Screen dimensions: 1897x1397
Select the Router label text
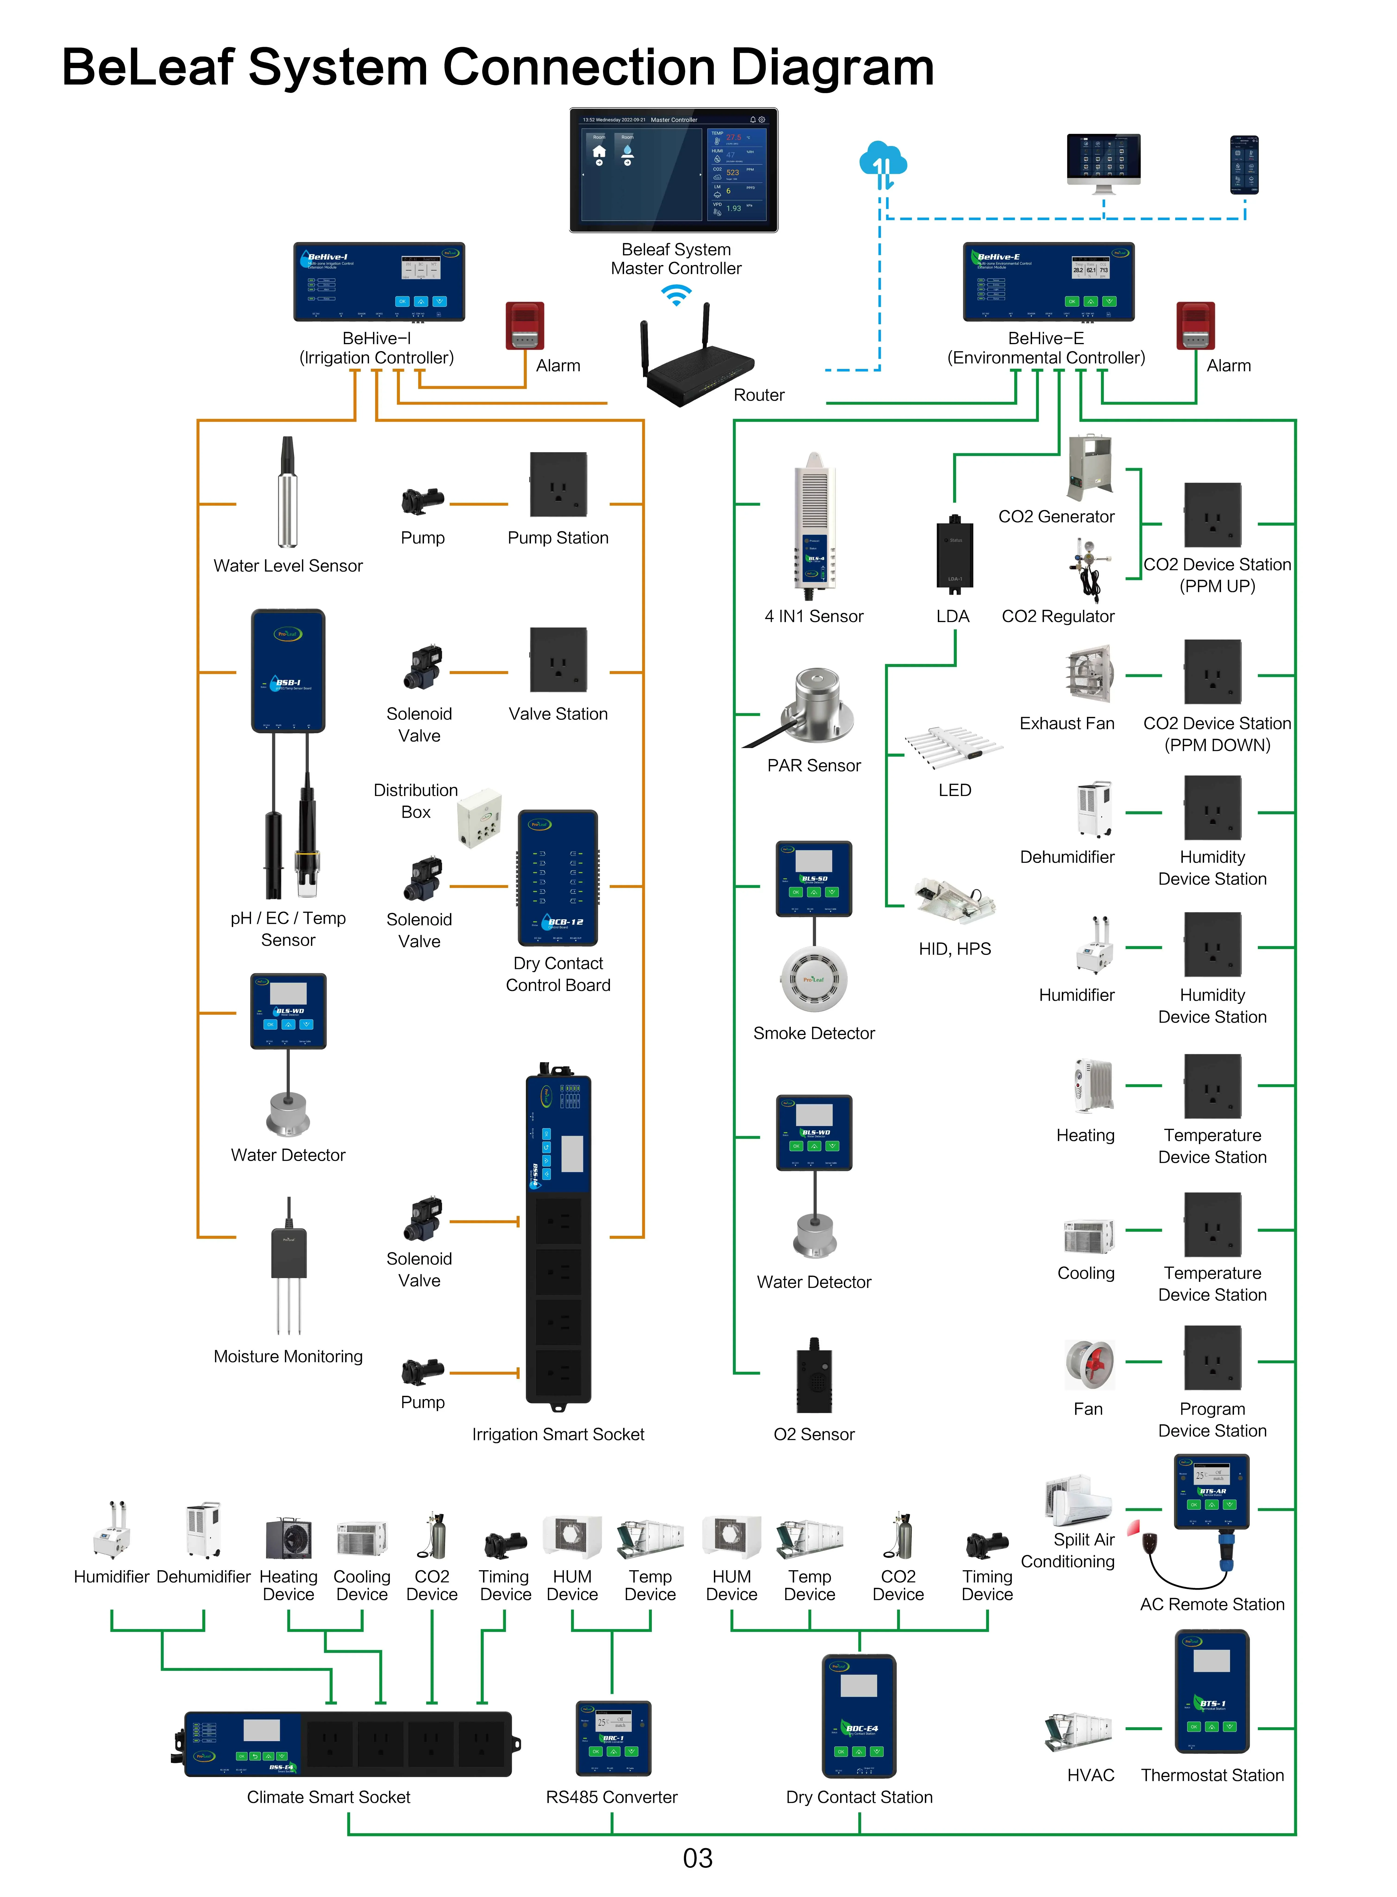[759, 395]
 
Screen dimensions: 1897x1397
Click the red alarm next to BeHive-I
[524, 326]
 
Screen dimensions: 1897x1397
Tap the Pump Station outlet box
[558, 484]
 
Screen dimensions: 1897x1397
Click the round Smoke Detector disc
[813, 979]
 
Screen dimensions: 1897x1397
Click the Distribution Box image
[480, 818]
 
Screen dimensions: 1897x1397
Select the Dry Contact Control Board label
[558, 974]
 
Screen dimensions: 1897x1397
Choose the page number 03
[698, 1858]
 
